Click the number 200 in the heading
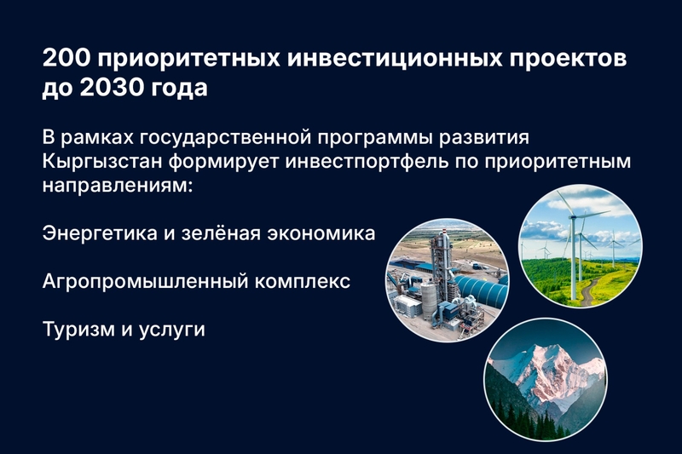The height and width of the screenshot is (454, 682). tap(66, 58)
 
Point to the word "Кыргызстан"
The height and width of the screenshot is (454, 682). tap(101, 162)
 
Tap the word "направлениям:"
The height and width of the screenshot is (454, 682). tap(118, 186)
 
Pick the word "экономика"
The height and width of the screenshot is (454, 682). tap(321, 233)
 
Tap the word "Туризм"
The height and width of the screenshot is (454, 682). tap(78, 330)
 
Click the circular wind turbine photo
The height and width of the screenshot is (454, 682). tap(581, 246)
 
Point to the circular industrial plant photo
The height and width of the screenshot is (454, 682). tap(448, 280)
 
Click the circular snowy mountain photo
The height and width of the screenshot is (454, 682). tap(546, 379)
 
